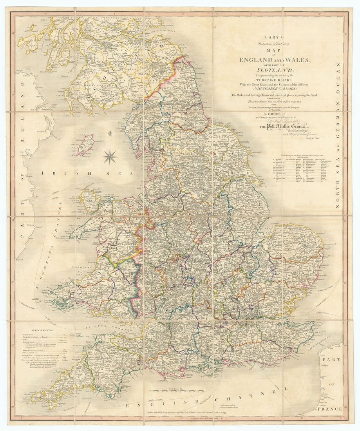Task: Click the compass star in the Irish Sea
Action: (x=110, y=156)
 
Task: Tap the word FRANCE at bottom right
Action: (x=331, y=409)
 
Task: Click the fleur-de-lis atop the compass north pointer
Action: (x=110, y=134)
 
